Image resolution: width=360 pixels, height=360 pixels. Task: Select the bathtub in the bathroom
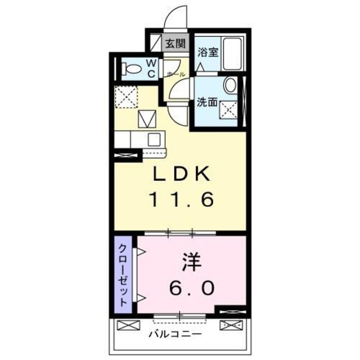coord(231,53)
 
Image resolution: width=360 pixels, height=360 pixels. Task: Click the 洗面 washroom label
coord(206,102)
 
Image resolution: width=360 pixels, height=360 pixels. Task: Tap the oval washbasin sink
coord(230,85)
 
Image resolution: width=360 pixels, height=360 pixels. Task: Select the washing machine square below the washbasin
coord(229,109)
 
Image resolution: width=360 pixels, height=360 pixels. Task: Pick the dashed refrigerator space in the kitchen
coord(127,98)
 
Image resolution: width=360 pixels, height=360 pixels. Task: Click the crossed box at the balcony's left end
coord(126,325)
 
